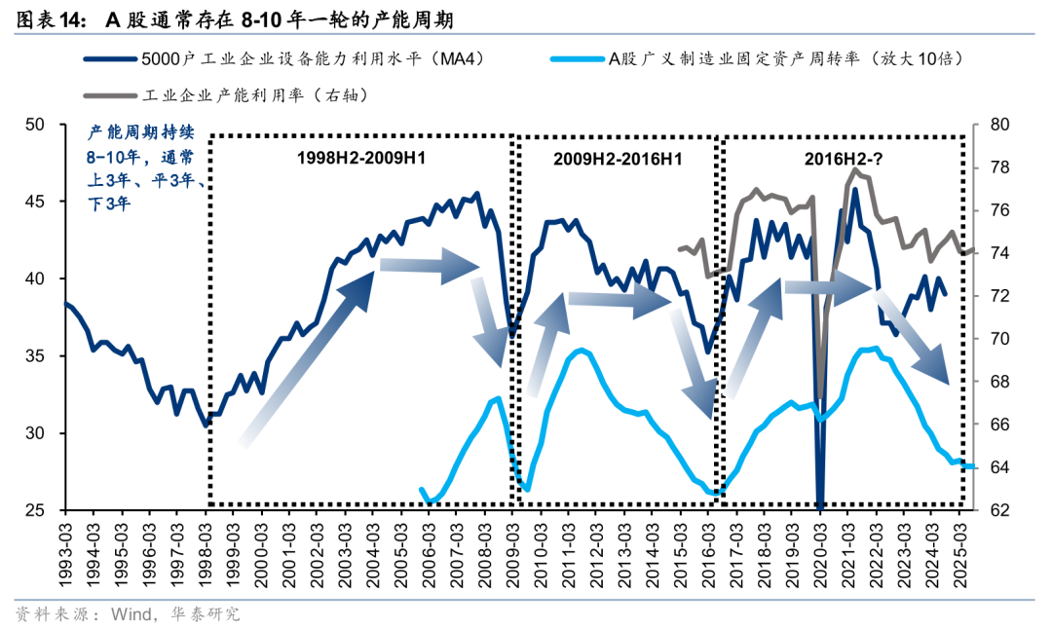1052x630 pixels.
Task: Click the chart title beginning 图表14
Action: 234,19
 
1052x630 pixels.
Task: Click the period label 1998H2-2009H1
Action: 359,158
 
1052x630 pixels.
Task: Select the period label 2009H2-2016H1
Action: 618,158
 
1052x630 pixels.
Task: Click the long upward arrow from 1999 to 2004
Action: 308,356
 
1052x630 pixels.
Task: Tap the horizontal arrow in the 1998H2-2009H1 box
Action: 429,265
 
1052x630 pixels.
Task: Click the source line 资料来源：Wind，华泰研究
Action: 127,614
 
